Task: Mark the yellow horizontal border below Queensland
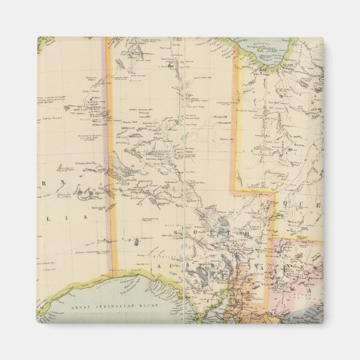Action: (299, 239)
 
